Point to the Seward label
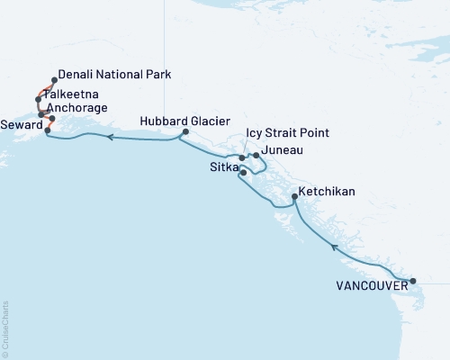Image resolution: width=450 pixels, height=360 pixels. [x=21, y=123]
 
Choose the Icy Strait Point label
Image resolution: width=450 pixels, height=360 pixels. [x=287, y=133]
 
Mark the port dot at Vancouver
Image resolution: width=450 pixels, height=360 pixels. [x=413, y=282]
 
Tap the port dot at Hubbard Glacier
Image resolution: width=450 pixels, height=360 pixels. [x=184, y=133]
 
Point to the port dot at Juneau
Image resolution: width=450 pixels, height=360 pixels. [x=256, y=156]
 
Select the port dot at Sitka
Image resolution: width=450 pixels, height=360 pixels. [x=243, y=171]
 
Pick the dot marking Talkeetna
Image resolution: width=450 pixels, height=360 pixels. [x=38, y=99]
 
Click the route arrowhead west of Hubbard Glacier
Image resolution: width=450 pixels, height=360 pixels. [x=109, y=138]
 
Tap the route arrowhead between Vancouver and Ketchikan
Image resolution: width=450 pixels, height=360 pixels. [x=333, y=246]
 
